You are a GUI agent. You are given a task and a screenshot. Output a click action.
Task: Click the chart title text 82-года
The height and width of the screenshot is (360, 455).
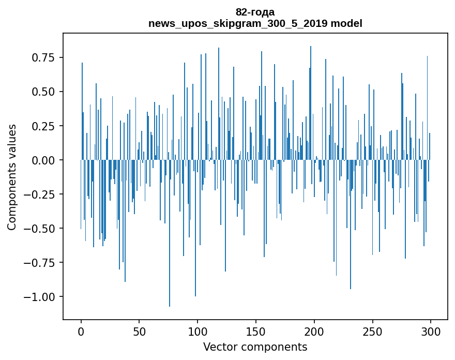[x=255, y=12]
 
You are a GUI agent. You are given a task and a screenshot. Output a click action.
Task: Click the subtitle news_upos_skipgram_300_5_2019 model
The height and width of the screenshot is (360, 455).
[x=255, y=24]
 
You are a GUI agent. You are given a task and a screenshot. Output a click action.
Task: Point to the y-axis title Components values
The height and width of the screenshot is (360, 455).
[x=11, y=177]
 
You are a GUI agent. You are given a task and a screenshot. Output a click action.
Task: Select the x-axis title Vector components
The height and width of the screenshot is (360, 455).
[x=255, y=347]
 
